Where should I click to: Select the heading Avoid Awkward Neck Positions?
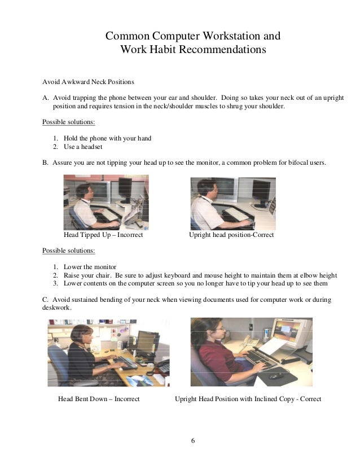(x=89, y=80)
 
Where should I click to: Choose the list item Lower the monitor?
(x=89, y=267)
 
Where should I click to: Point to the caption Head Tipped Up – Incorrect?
(x=103, y=234)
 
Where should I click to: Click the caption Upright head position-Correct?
(x=231, y=234)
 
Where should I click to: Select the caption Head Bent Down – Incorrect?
(x=99, y=399)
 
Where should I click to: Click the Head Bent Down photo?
(x=108, y=353)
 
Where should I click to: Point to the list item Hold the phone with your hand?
(x=107, y=138)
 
